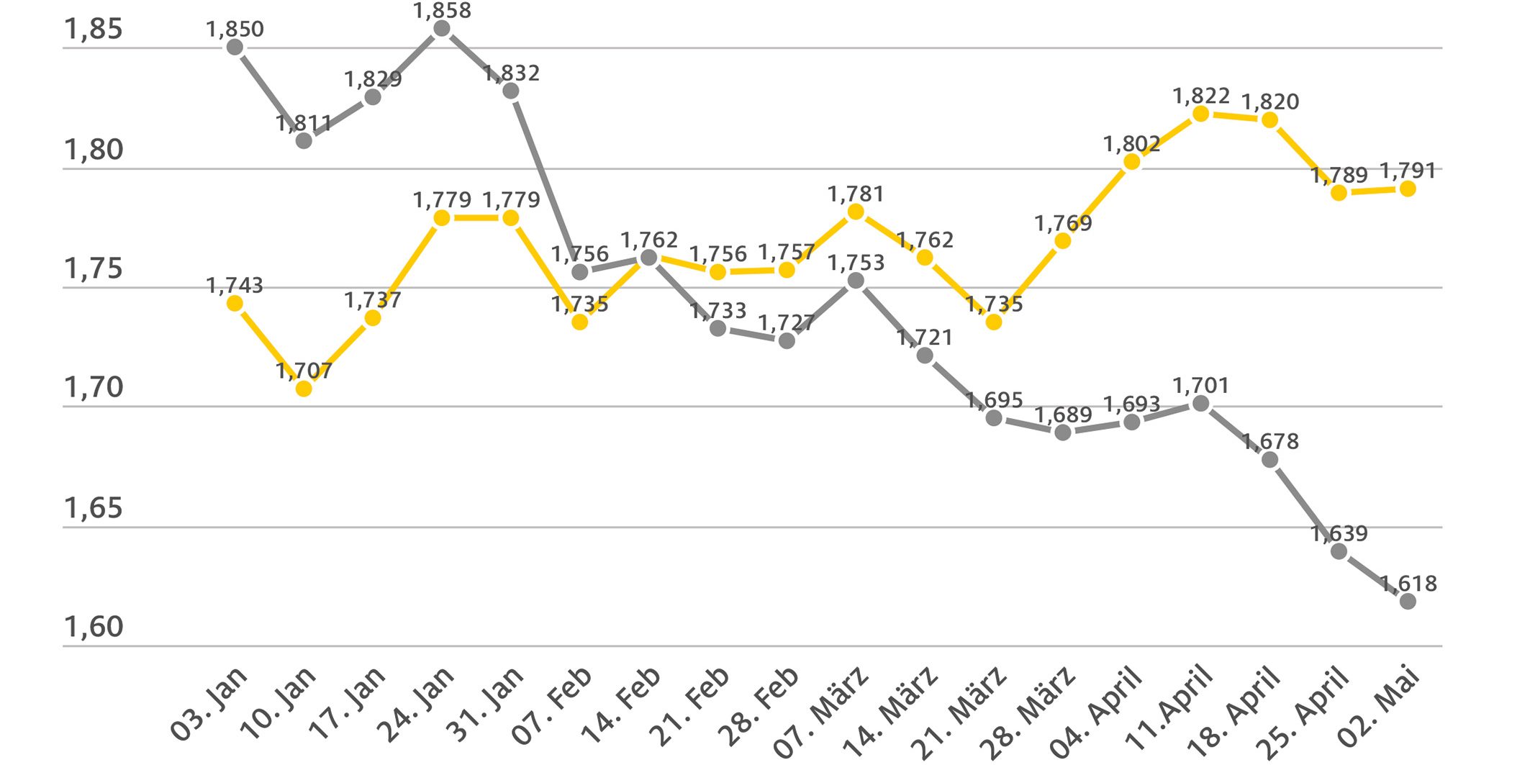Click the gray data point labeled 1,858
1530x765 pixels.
tap(442, 29)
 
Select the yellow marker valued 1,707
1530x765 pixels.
tap(304, 389)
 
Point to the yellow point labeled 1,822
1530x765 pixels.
tap(1200, 114)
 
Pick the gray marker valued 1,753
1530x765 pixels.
tap(856, 281)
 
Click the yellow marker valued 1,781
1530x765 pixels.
tap(856, 212)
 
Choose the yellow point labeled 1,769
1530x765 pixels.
tap(1062, 240)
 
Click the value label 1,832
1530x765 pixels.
tap(511, 73)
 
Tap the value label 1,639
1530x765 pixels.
tap(1339, 534)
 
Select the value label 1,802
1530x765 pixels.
tap(1131, 145)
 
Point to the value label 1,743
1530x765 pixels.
tap(235, 286)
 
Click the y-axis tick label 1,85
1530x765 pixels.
tap(94, 30)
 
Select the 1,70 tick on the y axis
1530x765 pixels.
tap(94, 388)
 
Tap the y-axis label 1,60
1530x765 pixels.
tap(94, 628)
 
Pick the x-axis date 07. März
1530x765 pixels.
tap(821, 712)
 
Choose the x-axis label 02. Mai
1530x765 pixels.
tap(1379, 705)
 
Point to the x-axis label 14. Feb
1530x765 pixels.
tap(621, 705)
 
